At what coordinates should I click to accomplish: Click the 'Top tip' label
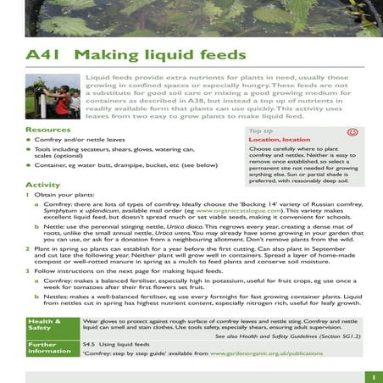coord(260,131)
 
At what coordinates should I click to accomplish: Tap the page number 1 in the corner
coord(373,375)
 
